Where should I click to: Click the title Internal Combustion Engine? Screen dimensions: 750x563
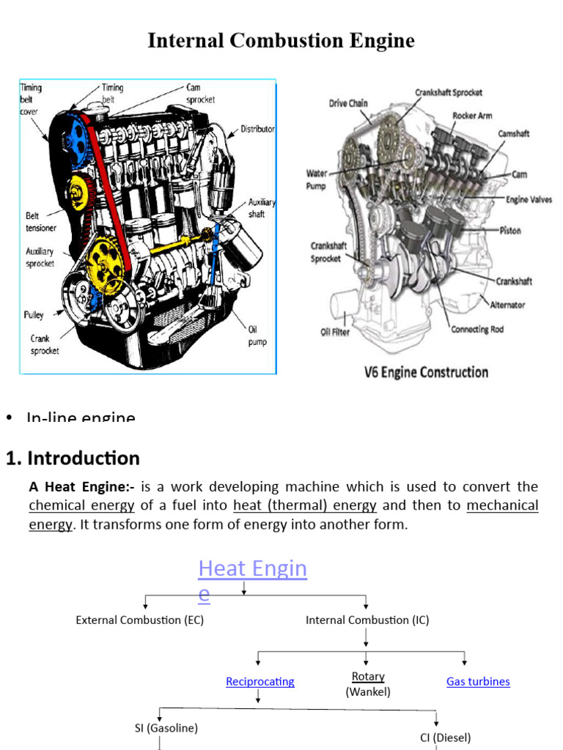(281, 40)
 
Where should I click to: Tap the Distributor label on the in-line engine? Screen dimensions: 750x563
(257, 129)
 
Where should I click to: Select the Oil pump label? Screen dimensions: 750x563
(257, 336)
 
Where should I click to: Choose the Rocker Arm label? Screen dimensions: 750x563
(472, 116)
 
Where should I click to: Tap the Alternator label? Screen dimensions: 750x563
(507, 305)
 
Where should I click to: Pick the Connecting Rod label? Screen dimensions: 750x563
(477, 330)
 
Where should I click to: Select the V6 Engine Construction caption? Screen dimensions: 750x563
(426, 372)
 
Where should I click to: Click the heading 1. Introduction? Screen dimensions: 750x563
(73, 458)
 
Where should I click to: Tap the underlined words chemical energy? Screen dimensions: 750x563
(81, 505)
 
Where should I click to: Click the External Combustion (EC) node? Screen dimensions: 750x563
(140, 620)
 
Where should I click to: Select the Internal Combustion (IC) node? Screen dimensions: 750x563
(367, 620)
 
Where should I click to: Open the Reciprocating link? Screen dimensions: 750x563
(260, 681)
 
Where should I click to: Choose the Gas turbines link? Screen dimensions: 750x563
(478, 681)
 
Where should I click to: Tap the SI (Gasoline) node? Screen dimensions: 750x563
(166, 728)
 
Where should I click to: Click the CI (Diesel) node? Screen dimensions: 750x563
(446, 738)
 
